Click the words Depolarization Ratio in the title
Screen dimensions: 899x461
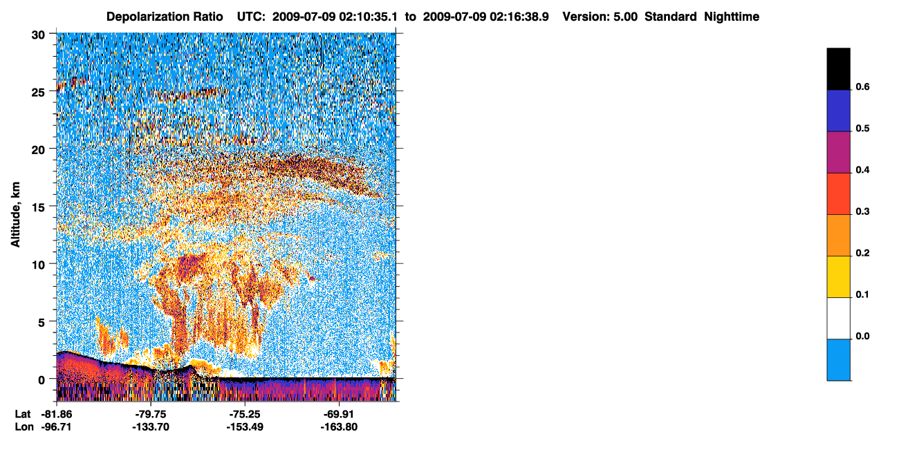(x=165, y=17)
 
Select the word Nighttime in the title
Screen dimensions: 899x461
(x=732, y=17)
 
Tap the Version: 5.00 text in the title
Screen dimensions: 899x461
(x=600, y=17)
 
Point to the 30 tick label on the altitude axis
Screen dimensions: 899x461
(x=38, y=35)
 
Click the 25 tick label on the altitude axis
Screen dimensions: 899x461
(x=38, y=93)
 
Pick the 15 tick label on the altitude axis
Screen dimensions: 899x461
(x=38, y=207)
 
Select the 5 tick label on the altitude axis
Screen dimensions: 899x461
(x=41, y=323)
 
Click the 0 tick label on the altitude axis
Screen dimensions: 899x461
(x=41, y=380)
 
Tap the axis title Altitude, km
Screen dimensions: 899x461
(x=15, y=214)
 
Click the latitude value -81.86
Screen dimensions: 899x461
(x=56, y=415)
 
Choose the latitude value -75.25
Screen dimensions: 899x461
(x=245, y=415)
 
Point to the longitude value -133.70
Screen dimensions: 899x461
(x=151, y=427)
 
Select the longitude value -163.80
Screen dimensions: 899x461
(x=339, y=427)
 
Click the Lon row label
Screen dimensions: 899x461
(x=24, y=427)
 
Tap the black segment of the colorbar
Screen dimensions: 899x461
(x=838, y=68)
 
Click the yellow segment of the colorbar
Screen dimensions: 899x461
(x=838, y=276)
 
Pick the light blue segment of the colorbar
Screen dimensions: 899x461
(x=838, y=359)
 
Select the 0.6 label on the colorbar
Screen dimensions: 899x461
(x=862, y=86)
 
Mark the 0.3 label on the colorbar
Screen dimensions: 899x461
(x=862, y=211)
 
